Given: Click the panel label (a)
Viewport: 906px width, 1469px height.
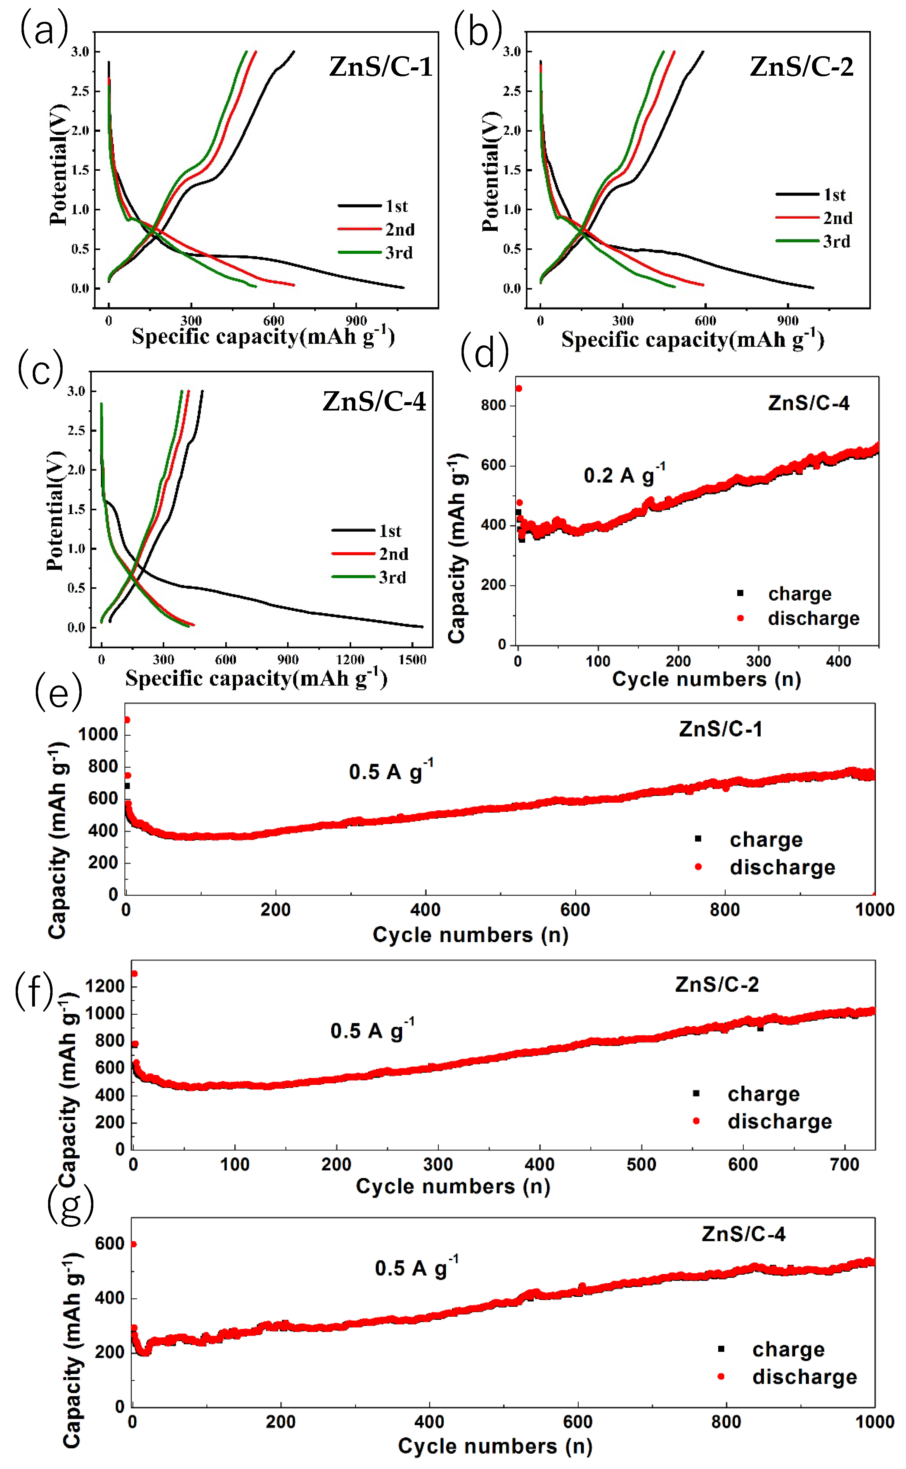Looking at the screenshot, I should click(x=43, y=30).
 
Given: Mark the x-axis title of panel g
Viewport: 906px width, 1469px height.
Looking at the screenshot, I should click(x=495, y=1446).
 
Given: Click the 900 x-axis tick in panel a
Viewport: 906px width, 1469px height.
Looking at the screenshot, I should click(x=356, y=321).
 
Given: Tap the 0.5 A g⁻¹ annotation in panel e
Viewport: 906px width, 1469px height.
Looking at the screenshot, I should click(x=391, y=771).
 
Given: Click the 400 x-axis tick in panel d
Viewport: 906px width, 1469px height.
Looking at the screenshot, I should click(x=838, y=661).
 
